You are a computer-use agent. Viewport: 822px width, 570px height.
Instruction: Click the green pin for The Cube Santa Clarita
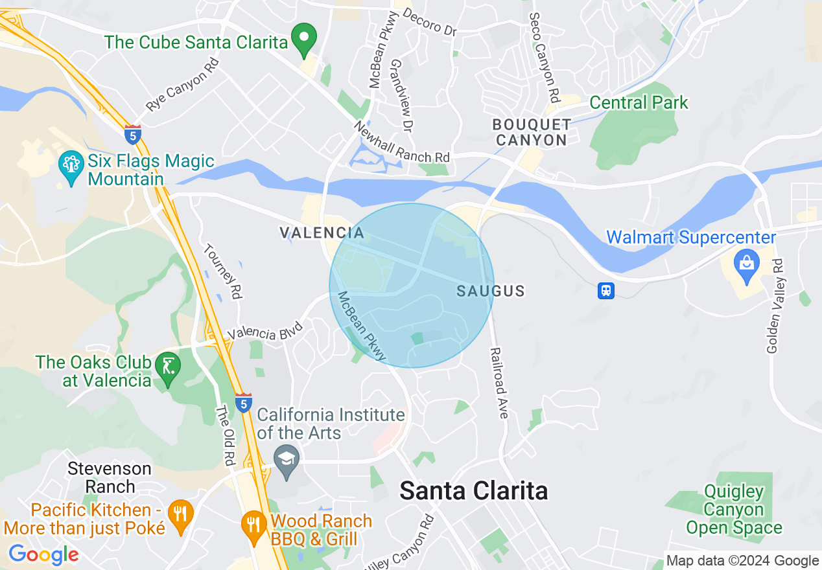303,38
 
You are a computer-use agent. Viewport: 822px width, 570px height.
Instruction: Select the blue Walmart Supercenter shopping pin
746,265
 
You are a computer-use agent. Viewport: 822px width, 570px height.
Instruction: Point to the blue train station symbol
606,291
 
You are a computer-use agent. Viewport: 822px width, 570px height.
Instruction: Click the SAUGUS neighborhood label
490,291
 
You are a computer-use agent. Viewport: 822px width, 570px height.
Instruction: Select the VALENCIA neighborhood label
322,233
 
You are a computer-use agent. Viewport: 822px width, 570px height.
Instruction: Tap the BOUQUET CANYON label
532,132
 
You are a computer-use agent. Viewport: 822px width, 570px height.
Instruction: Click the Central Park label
639,103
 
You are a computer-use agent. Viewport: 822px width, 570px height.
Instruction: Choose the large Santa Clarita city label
473,491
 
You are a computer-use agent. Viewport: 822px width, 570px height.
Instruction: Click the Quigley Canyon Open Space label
734,510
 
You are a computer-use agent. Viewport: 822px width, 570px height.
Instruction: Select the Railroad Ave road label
499,383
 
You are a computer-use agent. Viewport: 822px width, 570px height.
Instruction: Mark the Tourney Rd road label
222,271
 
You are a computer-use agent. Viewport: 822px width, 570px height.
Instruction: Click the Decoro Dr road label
430,21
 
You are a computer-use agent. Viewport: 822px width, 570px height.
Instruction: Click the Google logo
43,554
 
